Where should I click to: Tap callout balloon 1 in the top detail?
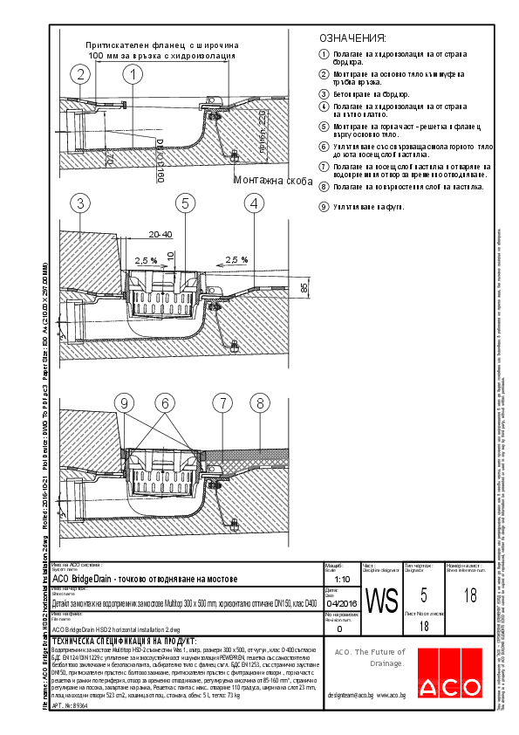(x=132, y=75)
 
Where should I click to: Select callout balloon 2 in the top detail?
(x=80, y=75)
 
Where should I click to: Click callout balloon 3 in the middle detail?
(x=80, y=203)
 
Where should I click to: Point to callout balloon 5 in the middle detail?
(x=185, y=203)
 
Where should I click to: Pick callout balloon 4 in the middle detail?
(x=254, y=203)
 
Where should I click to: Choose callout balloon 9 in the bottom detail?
(x=126, y=402)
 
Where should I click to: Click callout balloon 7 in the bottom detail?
(x=224, y=402)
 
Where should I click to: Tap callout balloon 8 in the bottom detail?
(x=259, y=402)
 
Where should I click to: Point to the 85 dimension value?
(x=304, y=286)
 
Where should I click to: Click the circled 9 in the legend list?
(x=324, y=207)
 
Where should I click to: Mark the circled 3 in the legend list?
(x=324, y=94)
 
